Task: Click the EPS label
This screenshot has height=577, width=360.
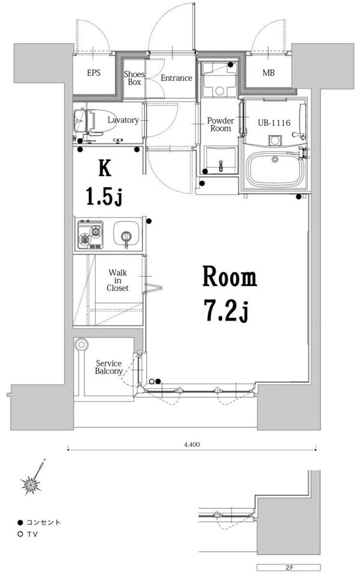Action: point(94,73)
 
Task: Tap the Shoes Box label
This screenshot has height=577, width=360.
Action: point(135,78)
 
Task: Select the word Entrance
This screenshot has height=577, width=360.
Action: point(176,78)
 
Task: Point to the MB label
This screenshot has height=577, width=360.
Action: point(268,73)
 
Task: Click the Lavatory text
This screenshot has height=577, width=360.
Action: point(123,120)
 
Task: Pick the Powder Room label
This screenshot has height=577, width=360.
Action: point(221,124)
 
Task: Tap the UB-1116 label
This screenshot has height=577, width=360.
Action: point(274,123)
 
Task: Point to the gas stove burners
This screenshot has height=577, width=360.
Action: point(90,234)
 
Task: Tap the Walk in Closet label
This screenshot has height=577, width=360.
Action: point(117,281)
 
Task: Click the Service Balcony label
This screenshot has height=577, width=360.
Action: point(109,367)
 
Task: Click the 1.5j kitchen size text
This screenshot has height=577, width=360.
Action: point(104,195)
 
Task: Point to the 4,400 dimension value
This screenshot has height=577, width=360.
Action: point(192,445)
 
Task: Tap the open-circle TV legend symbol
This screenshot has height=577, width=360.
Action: point(20,534)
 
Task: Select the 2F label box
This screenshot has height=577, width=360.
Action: point(288,567)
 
